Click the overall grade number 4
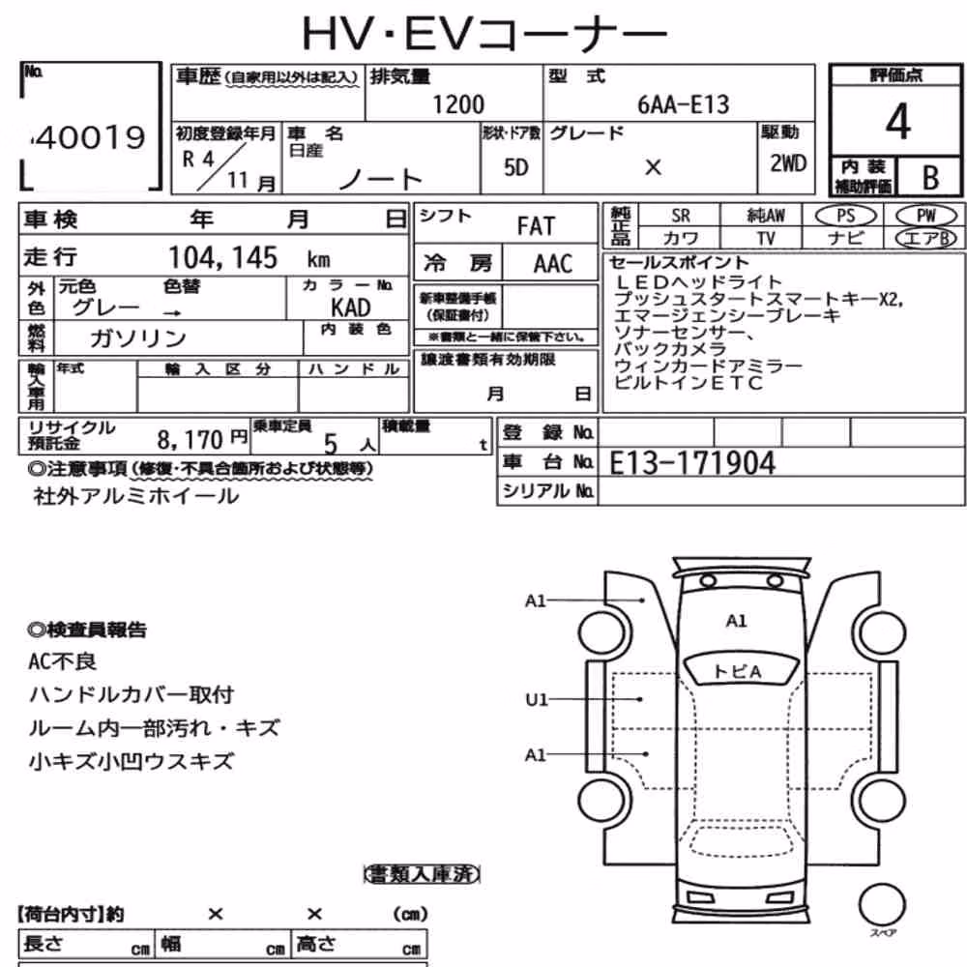click(898, 122)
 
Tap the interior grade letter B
click(930, 178)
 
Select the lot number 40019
click(89, 137)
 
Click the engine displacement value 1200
click(458, 104)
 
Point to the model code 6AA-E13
click(683, 104)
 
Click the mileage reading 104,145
click(223, 258)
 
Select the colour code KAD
click(350, 308)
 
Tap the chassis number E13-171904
click(692, 463)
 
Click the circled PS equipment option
click(845, 216)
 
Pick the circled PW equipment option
click(925, 216)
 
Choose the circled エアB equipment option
click(925, 238)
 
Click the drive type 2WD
click(788, 163)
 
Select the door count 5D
click(516, 167)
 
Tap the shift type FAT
click(536, 226)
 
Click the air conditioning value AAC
click(553, 264)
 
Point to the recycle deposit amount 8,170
click(190, 440)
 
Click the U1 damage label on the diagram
click(537, 699)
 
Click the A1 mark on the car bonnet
click(736, 621)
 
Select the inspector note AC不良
click(62, 661)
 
